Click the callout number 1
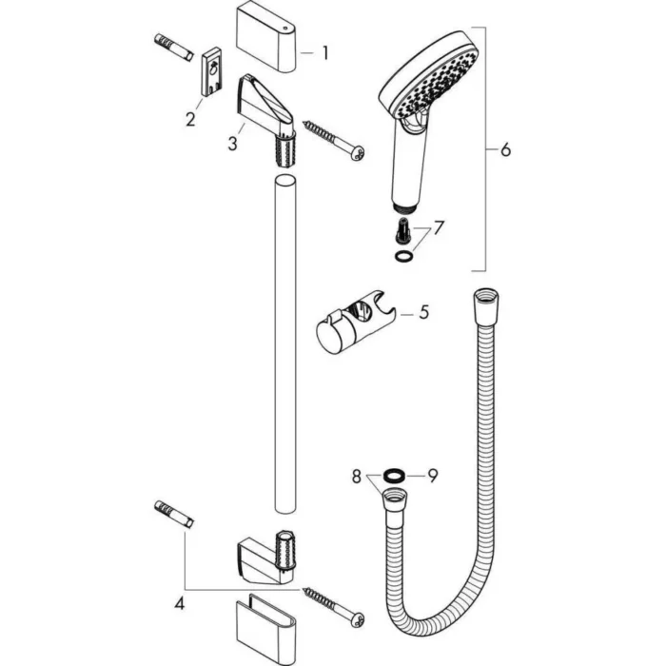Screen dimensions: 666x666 324,53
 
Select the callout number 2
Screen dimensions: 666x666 190,119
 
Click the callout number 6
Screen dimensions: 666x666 505,149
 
